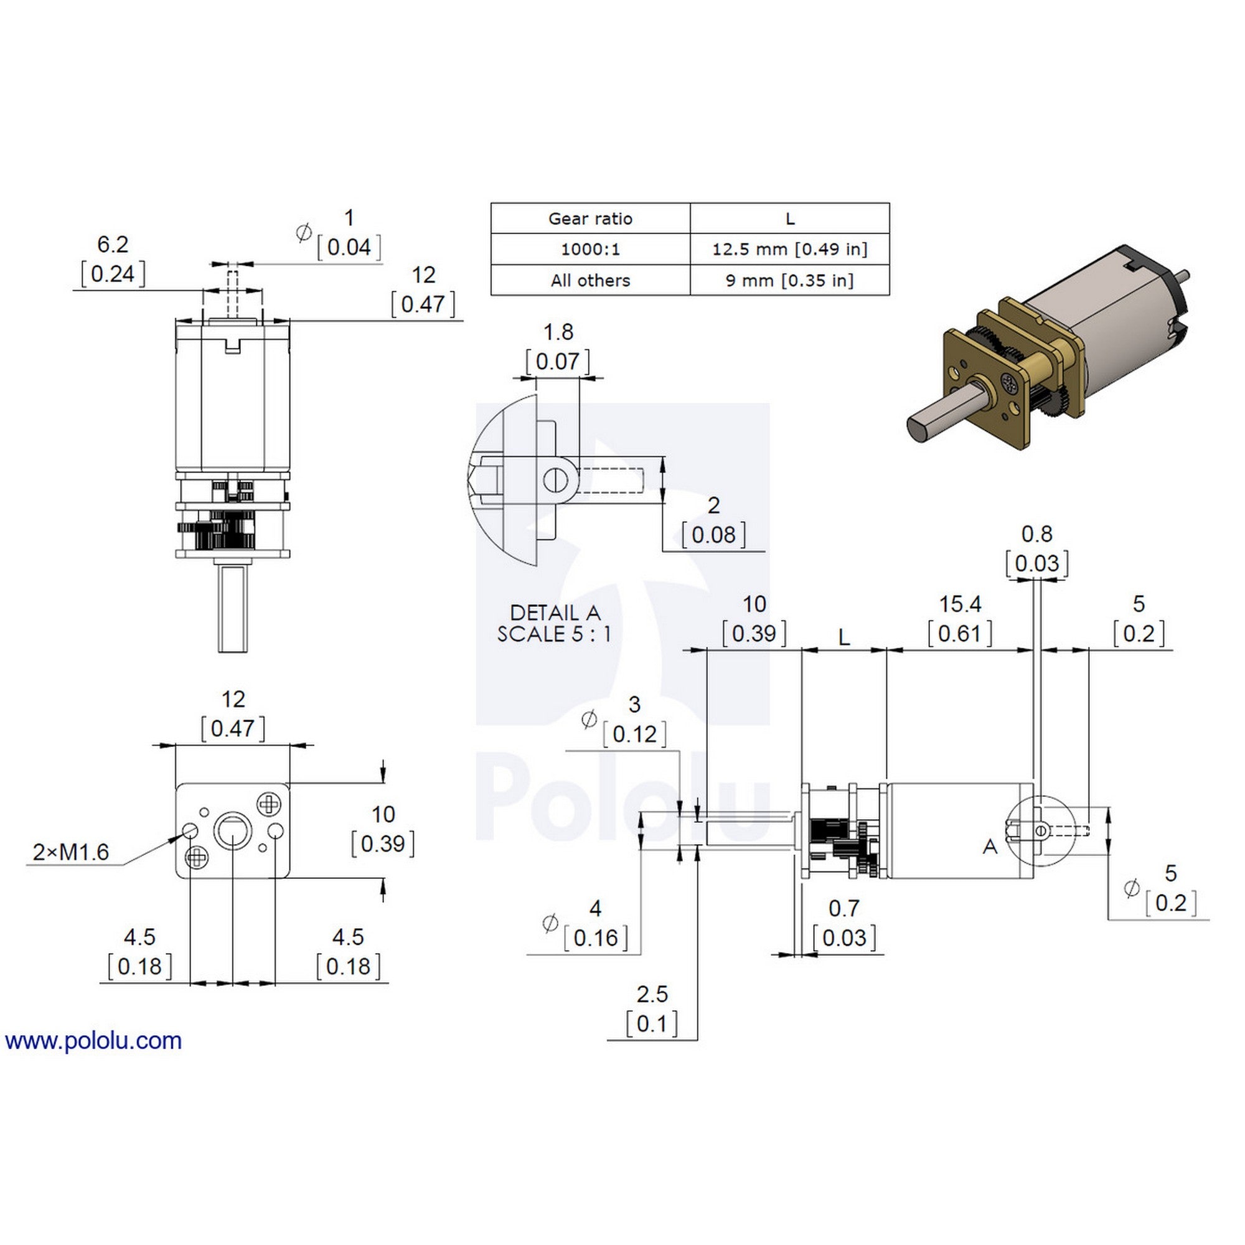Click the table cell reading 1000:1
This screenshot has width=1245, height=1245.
tap(590, 250)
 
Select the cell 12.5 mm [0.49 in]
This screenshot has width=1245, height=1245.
tap(789, 250)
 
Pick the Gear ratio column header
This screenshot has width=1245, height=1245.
tap(590, 218)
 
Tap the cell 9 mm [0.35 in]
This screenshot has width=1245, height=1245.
tap(789, 280)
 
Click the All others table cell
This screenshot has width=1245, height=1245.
tap(590, 280)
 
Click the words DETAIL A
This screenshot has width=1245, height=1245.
tap(555, 612)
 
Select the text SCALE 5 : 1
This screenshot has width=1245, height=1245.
tap(554, 634)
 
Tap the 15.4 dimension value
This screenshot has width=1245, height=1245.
tap(960, 604)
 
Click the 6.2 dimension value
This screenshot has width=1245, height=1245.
tap(113, 244)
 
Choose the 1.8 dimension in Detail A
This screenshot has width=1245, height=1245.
tap(558, 332)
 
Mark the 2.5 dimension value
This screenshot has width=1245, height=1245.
tap(652, 994)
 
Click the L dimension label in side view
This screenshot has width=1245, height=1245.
tap(844, 639)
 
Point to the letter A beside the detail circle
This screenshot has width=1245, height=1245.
tap(990, 847)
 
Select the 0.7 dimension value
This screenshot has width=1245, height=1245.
tap(844, 909)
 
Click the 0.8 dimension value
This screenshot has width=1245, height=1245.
tap(1037, 534)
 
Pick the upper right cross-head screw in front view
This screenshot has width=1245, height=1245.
tap(268, 804)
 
